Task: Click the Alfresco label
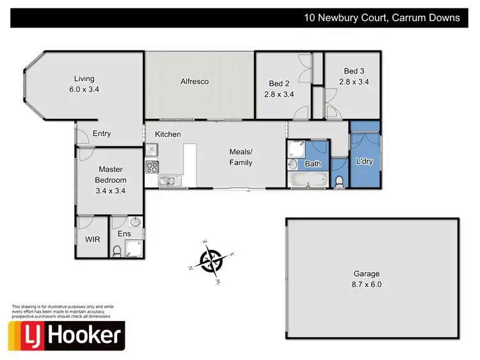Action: coord(195,82)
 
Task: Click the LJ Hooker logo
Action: coord(66,336)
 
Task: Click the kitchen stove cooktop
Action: coord(152,167)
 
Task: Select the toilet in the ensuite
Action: coord(116,251)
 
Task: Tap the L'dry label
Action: coord(364,162)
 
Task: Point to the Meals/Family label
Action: coord(241,157)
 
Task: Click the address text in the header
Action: coord(382,18)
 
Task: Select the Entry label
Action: coord(102,134)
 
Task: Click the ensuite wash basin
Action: coord(134,223)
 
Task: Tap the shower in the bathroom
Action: coord(295,150)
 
